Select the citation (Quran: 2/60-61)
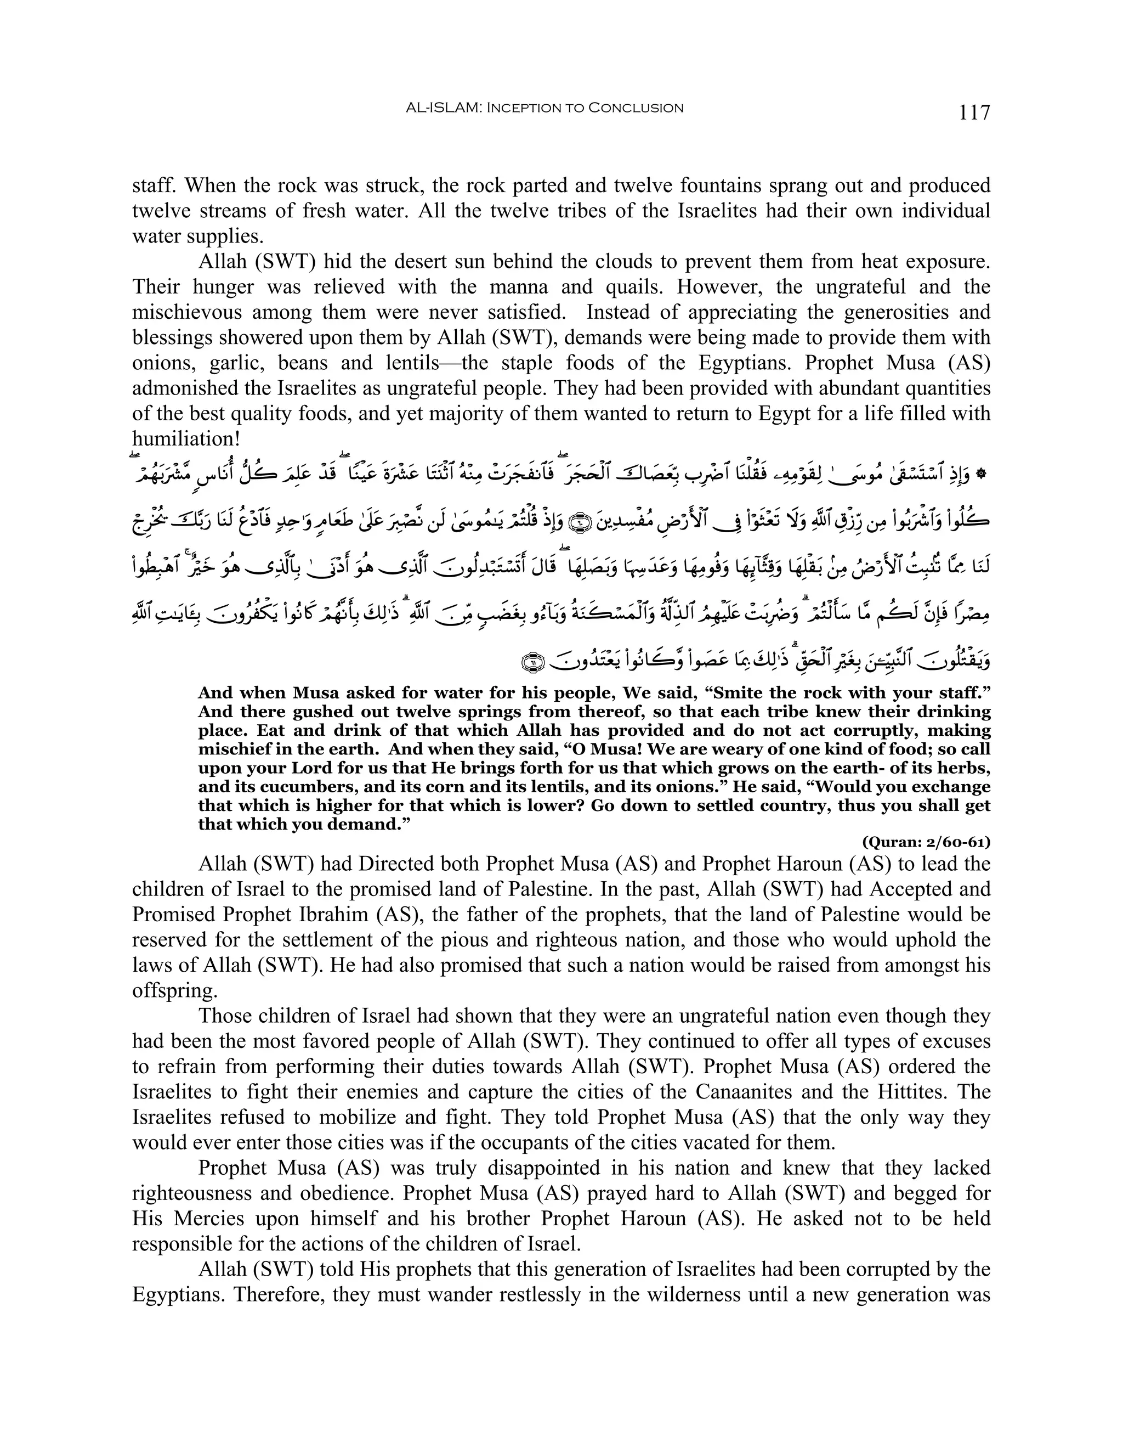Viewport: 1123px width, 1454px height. click(926, 842)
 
